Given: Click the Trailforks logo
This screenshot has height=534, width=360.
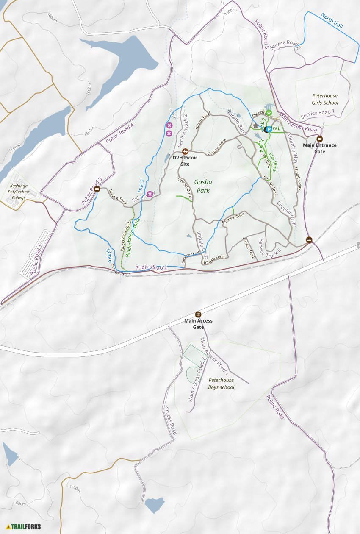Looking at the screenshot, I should [x=24, y=527].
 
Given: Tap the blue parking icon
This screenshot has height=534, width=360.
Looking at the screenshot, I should [x=268, y=129].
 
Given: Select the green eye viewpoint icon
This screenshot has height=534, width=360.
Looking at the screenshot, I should [x=269, y=113].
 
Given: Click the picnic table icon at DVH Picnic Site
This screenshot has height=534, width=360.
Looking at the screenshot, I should [x=185, y=151].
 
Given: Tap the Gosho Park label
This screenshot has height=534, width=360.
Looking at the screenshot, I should [x=203, y=186].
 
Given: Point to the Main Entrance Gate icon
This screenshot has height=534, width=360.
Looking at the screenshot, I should [x=320, y=139].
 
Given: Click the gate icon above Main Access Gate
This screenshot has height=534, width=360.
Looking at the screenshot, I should [x=198, y=314].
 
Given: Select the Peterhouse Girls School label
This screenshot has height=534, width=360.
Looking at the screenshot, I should [x=325, y=99].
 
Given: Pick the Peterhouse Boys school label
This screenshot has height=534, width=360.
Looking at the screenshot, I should [x=221, y=384].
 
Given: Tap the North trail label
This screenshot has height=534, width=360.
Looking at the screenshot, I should [x=332, y=20].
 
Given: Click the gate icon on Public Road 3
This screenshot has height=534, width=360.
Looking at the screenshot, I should [x=97, y=189].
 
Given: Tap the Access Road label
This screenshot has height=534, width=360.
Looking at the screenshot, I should [x=171, y=420].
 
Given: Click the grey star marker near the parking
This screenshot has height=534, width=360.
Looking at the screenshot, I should [x=255, y=126].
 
